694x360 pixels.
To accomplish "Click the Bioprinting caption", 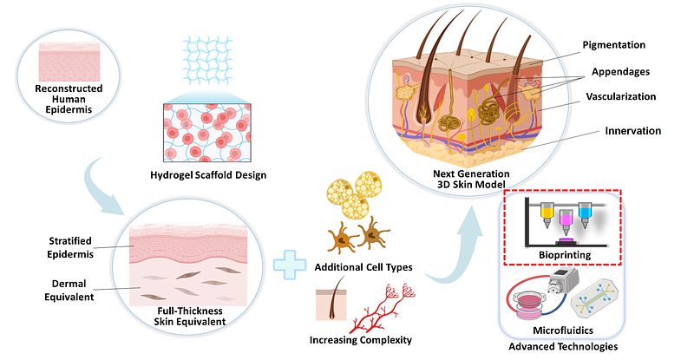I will (562, 256).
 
